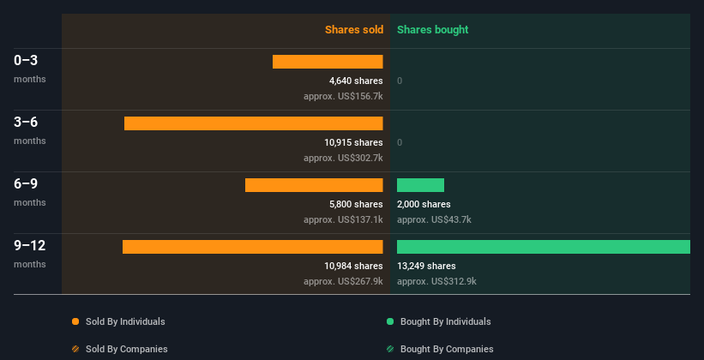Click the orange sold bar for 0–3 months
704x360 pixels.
point(328,62)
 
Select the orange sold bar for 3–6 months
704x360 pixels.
point(254,123)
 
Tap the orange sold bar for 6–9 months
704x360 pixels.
point(314,185)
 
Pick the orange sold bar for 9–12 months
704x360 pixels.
point(253,247)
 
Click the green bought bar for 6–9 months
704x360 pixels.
point(420,185)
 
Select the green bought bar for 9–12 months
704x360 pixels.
point(544,247)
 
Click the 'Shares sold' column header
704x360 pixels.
point(354,30)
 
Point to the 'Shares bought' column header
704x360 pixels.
point(432,30)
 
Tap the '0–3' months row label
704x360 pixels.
point(26,60)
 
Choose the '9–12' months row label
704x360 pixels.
point(29,245)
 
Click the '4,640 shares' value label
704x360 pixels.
point(356,81)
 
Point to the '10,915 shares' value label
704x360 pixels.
point(353,142)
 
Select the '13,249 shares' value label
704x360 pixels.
point(426,266)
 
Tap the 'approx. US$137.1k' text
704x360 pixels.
point(343,219)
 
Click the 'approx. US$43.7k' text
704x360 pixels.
point(434,219)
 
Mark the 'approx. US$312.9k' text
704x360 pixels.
point(436,281)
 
